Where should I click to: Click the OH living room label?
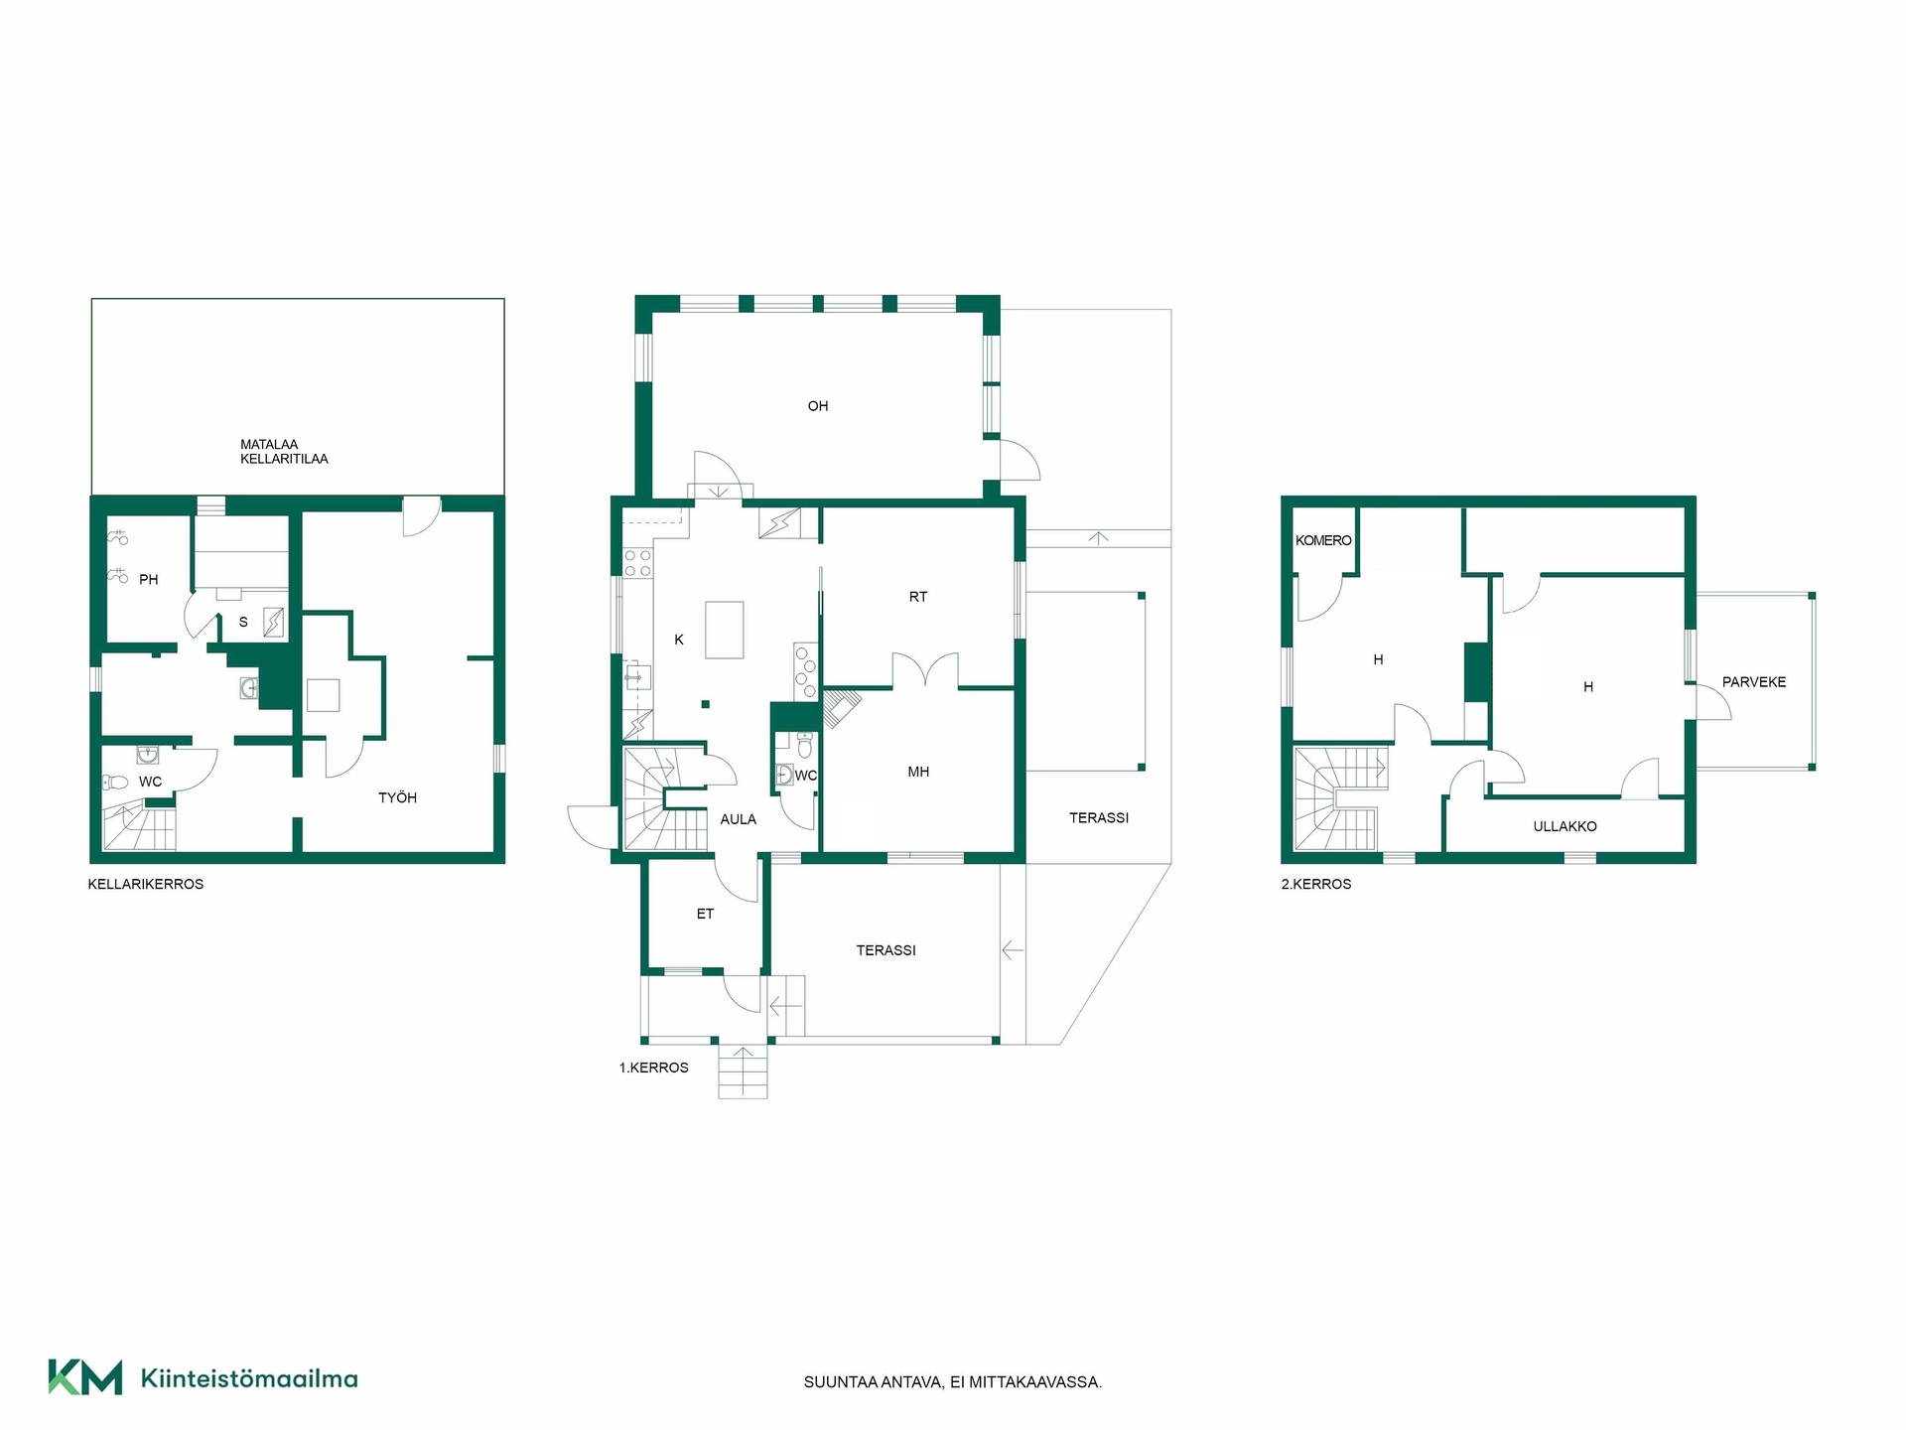(x=817, y=406)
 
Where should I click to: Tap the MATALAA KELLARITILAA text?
(x=284, y=452)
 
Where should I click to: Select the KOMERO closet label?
(x=1323, y=540)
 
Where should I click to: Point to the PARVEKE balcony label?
(x=1754, y=682)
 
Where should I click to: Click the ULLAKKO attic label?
(x=1565, y=826)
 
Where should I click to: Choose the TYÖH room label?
(x=397, y=797)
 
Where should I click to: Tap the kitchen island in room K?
(x=725, y=630)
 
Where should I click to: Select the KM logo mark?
(x=85, y=1377)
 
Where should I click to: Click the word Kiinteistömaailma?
(x=249, y=1378)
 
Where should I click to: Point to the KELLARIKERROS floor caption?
(x=146, y=884)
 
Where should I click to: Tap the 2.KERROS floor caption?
(x=1316, y=884)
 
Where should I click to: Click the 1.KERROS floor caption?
(x=654, y=1068)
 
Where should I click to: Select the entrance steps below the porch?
(x=743, y=1072)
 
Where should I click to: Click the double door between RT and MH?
(x=925, y=670)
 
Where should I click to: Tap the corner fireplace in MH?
(x=840, y=707)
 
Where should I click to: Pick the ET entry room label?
(x=705, y=914)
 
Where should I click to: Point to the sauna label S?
(x=243, y=622)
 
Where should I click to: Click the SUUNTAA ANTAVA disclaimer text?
(x=953, y=1382)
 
